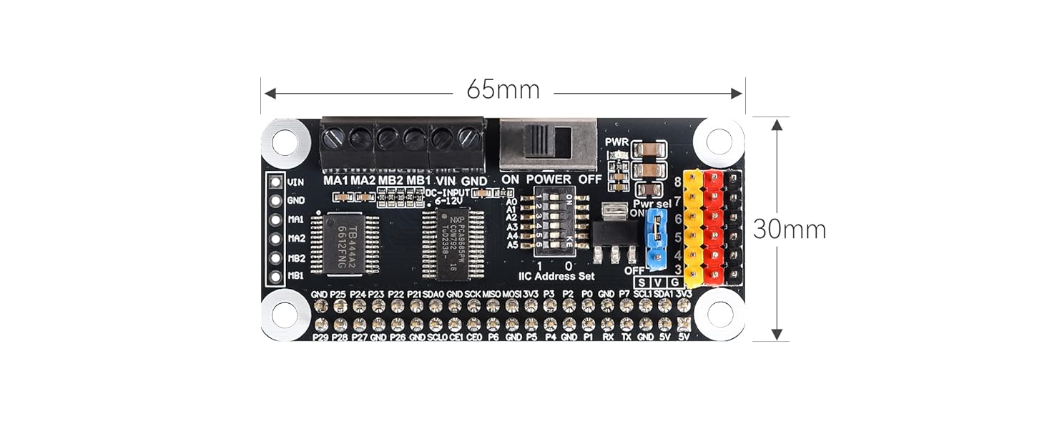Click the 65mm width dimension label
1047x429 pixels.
coord(503,91)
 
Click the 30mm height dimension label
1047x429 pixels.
coord(790,230)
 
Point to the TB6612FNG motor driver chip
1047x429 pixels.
coord(343,243)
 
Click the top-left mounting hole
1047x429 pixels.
coord(284,142)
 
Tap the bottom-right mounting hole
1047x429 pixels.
coord(719,315)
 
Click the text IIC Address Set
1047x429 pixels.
coord(556,276)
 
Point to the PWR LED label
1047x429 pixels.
coord(616,142)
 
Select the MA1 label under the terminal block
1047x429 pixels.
coord(335,179)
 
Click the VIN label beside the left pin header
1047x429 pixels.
coord(295,182)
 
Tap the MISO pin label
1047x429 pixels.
coord(492,294)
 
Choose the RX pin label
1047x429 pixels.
coord(608,337)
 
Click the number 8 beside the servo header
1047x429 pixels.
coord(677,182)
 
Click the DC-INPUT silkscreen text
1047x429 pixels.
coord(447,192)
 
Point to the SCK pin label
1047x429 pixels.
coord(473,294)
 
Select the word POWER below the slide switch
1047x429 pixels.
coord(549,179)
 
